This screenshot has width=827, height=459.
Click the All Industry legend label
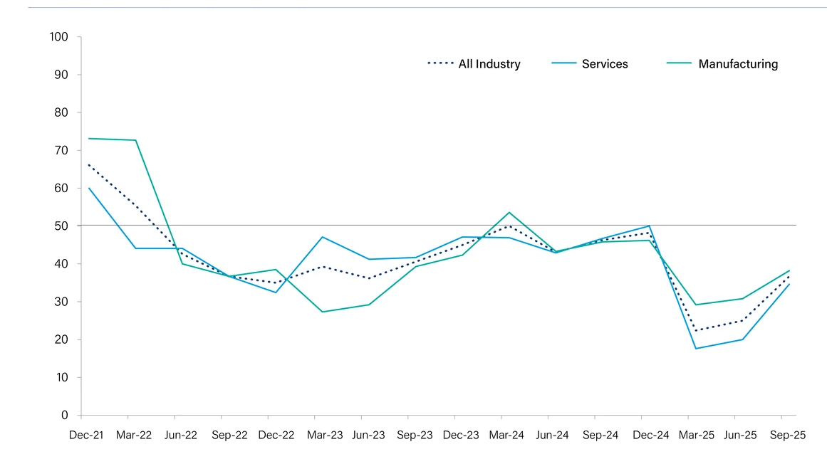(489, 64)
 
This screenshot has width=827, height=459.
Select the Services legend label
(605, 64)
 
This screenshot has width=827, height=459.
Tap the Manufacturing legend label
(738, 64)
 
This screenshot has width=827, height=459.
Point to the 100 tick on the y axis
(58, 37)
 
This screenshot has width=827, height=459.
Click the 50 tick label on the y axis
(61, 226)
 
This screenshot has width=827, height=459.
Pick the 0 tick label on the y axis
(65, 415)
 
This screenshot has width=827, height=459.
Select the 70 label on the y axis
(61, 150)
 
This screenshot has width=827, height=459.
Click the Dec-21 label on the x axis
(86, 436)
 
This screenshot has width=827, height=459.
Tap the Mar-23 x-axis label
(316, 436)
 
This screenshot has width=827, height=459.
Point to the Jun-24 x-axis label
(551, 436)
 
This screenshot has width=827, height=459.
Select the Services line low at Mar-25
(695, 348)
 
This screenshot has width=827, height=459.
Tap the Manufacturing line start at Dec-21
(88, 139)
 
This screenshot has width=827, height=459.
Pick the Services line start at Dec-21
(88, 188)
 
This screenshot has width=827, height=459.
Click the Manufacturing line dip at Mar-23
(322, 312)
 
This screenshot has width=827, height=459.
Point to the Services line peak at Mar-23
(322, 237)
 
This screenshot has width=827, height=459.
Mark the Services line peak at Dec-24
(649, 226)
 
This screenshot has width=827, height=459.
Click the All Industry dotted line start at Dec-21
(88, 165)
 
